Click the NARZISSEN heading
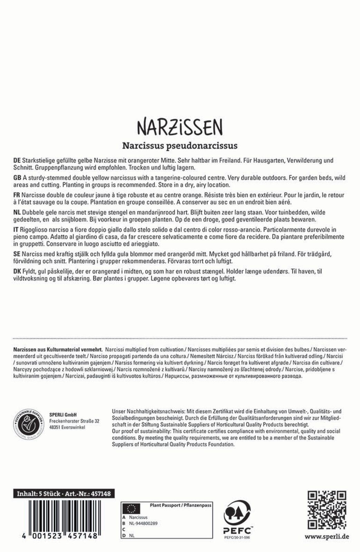tap(180, 127)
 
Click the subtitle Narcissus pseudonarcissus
tap(180, 146)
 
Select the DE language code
tap(17, 161)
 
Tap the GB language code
tap(17, 178)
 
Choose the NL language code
tap(17, 213)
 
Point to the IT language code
tap(16, 230)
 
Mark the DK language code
tap(17, 272)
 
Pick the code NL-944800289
tap(143, 523)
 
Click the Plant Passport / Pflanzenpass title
tap(180, 505)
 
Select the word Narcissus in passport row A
tap(138, 517)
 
